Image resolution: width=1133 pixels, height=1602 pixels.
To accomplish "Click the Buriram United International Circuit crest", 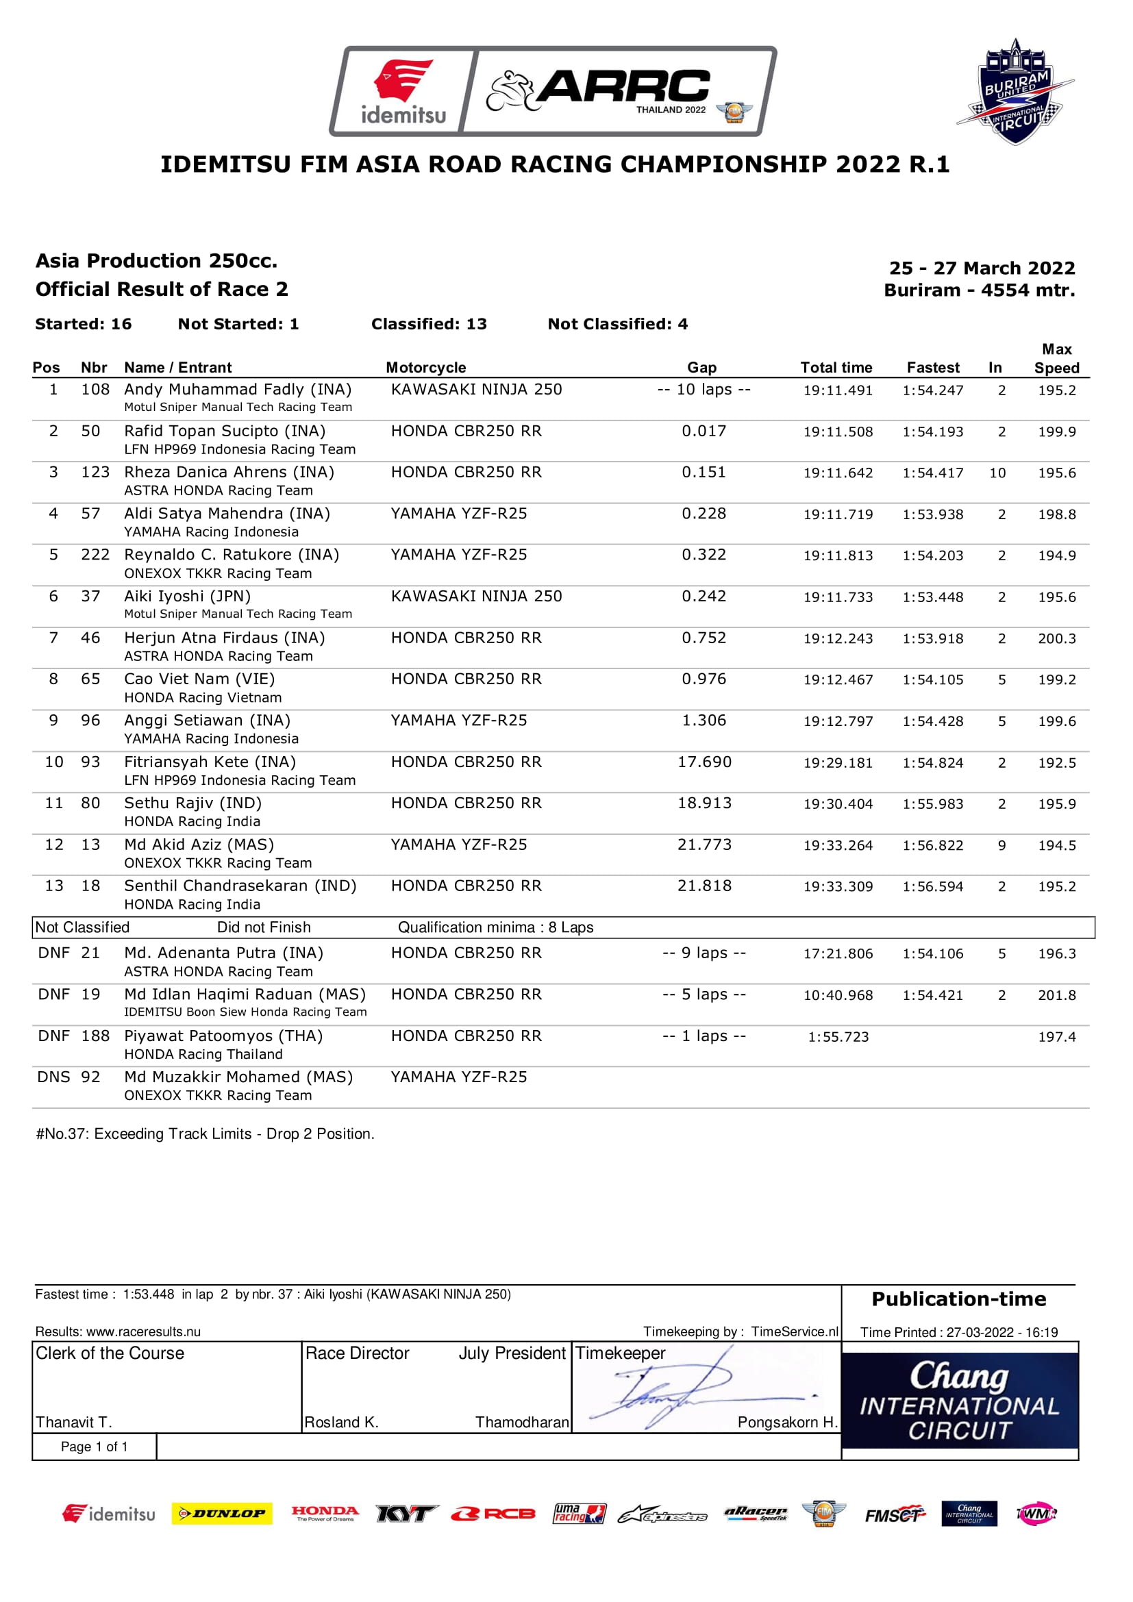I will pos(1015,92).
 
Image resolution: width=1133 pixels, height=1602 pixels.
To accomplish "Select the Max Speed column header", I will pos(1056,359).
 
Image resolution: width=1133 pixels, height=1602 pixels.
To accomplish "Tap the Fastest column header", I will pos(933,368).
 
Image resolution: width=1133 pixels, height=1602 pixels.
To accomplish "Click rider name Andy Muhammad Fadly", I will pos(237,389).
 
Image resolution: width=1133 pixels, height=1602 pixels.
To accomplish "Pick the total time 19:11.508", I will pos(837,432).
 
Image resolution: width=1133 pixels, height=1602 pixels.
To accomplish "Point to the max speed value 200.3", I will pos(1056,638).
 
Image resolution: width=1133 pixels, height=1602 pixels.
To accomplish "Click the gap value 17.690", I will pos(704,762).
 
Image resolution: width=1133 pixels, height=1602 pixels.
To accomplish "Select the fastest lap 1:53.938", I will pos(933,515).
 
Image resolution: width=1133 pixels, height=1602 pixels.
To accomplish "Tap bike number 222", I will pos(95,555).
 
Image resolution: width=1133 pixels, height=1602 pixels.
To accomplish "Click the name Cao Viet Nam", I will pos(199,679).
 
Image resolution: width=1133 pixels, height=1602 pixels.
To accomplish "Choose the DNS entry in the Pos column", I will pos(53,1077).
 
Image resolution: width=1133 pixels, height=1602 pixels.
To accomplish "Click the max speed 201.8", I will pos(1056,995).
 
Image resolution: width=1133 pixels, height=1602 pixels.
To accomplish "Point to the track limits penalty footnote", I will pos(205,1134).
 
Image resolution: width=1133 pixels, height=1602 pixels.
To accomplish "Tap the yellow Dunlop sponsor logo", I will pos(222,1514).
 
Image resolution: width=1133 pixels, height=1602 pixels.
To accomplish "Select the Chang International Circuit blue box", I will pos(959,1401).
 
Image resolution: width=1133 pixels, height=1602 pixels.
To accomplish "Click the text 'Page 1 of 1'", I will pos(94,1447).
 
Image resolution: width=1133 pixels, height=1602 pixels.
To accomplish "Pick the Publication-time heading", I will pos(958,1299).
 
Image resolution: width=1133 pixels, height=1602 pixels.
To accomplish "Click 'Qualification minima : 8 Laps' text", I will pos(495,927).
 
